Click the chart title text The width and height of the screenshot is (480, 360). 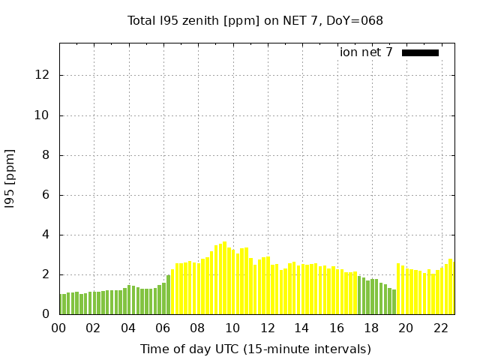click(x=255, y=21)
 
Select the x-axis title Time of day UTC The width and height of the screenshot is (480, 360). click(x=255, y=349)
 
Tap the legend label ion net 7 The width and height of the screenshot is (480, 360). click(x=366, y=52)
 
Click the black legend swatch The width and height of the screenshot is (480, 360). click(x=420, y=52)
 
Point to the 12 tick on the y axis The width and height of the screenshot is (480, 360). click(x=42, y=75)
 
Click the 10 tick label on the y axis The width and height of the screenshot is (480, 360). click(x=42, y=115)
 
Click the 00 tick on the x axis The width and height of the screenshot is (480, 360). click(x=58, y=328)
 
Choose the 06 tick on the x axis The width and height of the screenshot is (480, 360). click(x=163, y=328)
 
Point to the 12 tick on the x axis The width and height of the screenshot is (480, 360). click(x=267, y=328)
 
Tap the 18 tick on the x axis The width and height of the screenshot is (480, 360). click(x=371, y=328)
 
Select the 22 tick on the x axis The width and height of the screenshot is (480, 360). click(x=441, y=328)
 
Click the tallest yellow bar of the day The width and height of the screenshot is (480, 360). click(x=224, y=277)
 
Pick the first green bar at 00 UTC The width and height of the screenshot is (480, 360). click(x=60, y=304)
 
